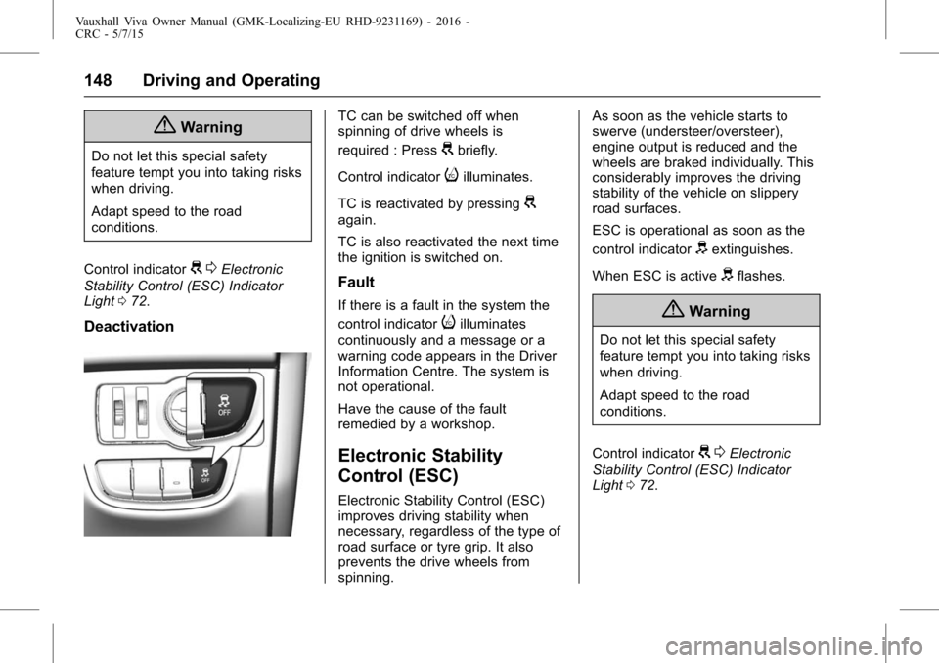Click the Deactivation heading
click(x=128, y=327)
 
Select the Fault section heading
click(x=358, y=283)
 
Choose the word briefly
click(x=476, y=152)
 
